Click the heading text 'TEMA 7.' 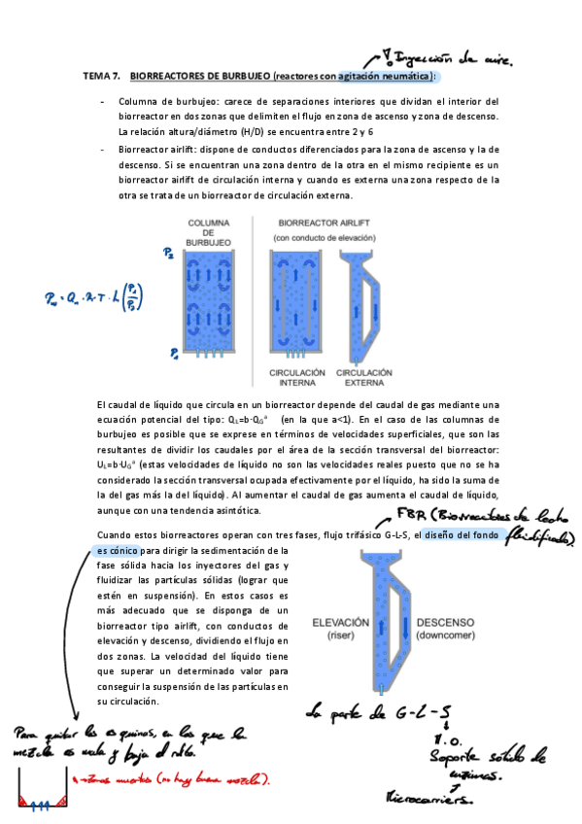[x=100, y=75]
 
